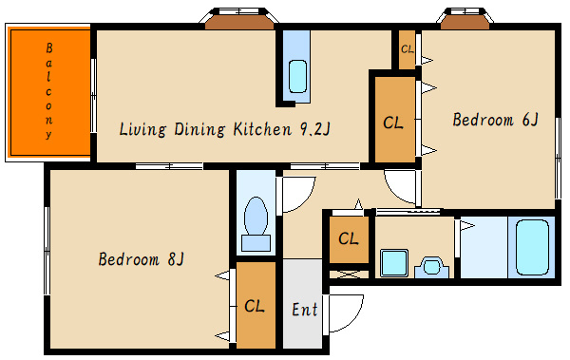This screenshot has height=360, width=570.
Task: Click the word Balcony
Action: [48, 91]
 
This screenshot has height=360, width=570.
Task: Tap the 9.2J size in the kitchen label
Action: [314, 129]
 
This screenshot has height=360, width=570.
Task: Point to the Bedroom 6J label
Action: [495, 120]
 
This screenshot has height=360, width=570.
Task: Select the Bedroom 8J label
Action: [141, 259]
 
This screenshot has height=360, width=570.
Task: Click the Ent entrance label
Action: [305, 310]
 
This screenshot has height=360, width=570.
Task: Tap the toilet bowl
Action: [256, 223]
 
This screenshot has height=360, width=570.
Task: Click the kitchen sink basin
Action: [297, 76]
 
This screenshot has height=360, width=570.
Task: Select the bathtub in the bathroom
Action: [532, 247]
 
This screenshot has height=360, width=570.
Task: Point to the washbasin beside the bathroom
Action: [432, 267]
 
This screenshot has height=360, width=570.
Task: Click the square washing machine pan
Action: [394, 263]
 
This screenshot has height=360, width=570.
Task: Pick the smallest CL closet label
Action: [408, 48]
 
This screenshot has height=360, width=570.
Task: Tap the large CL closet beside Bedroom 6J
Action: [393, 123]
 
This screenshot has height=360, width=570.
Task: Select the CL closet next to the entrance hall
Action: [349, 239]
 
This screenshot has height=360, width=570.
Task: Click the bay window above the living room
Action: [239, 18]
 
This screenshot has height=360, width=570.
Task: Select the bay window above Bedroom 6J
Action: [465, 18]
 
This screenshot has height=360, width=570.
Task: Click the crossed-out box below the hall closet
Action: [349, 275]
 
